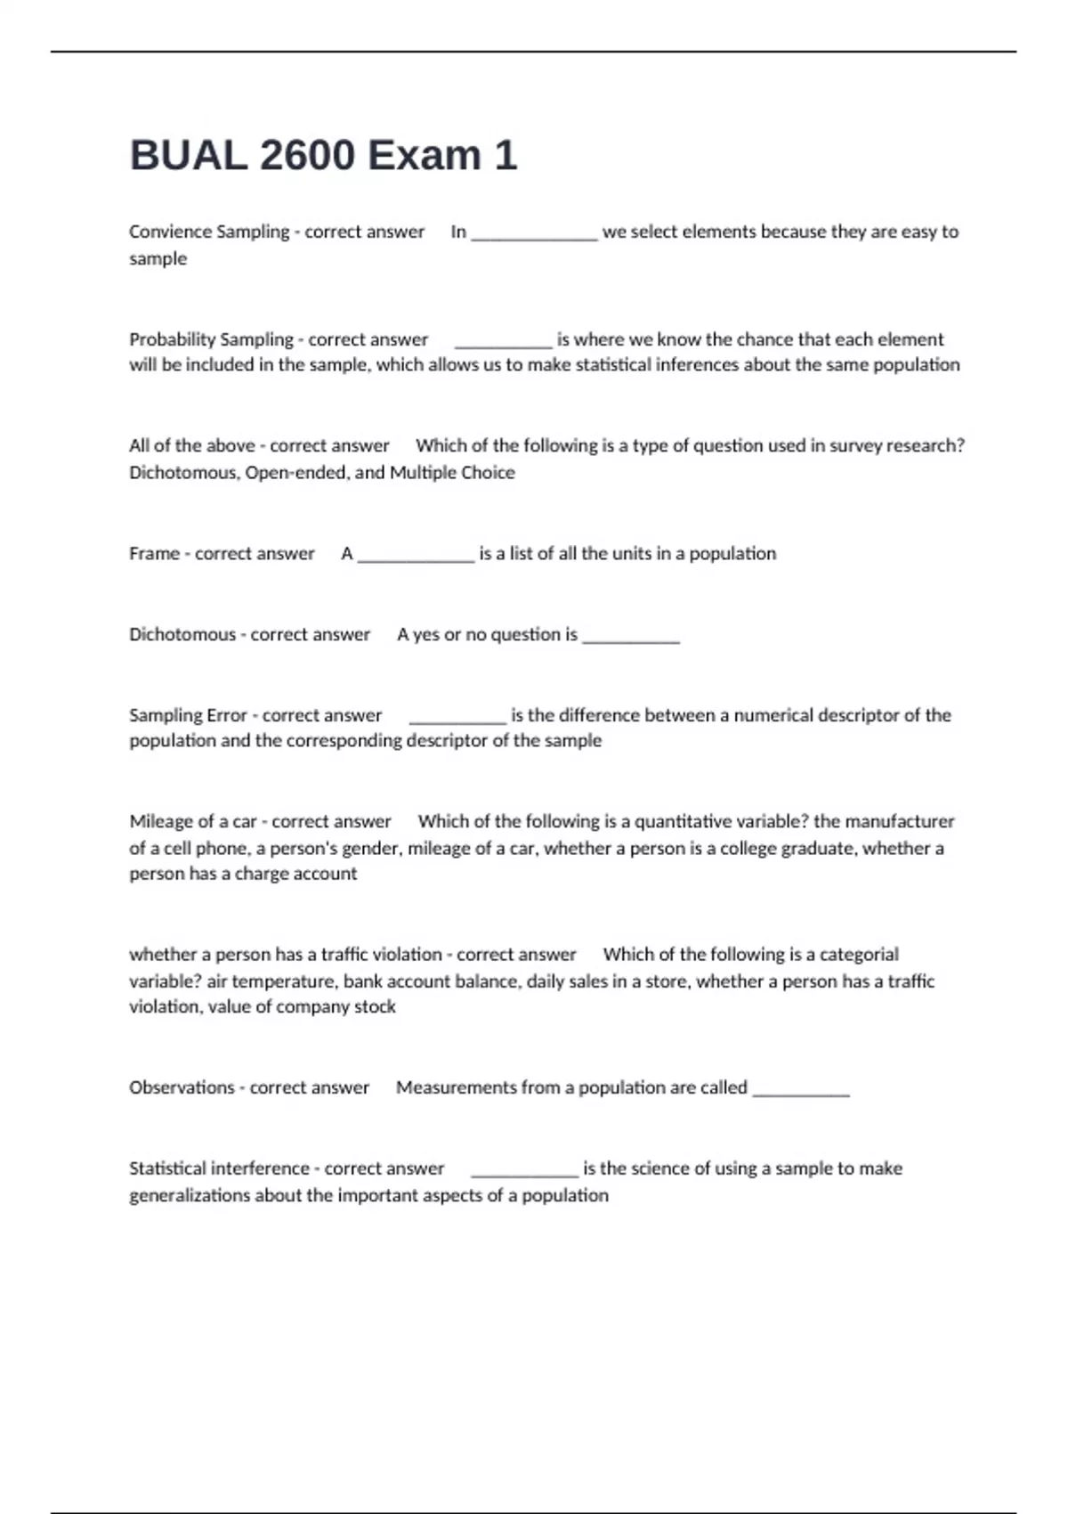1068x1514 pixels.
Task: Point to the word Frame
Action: (154, 553)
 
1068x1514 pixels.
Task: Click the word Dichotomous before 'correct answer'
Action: (182, 634)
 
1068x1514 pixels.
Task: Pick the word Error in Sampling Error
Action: (226, 715)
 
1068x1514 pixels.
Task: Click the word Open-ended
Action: (297, 473)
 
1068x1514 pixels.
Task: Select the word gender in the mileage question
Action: (371, 849)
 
